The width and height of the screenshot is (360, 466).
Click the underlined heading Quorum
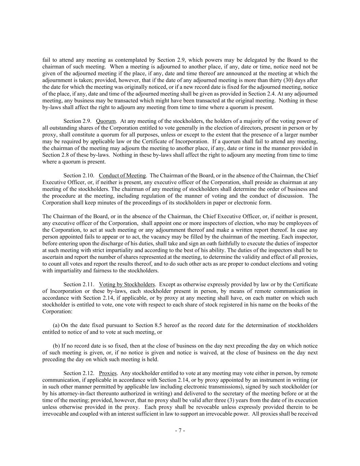[x=106, y=121]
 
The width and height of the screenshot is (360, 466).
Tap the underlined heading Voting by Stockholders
[x=127, y=284]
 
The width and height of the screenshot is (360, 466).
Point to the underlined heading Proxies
[x=108, y=373]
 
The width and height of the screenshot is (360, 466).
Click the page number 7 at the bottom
[x=180, y=430]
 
